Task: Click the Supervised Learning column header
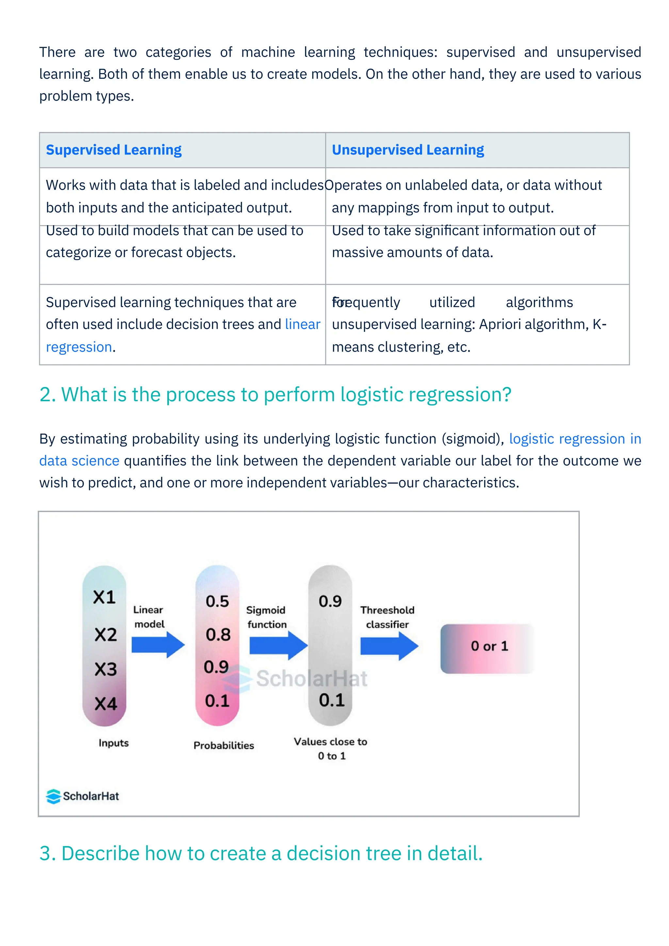click(x=114, y=150)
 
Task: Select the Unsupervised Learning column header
click(x=408, y=150)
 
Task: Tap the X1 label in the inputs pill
click(x=104, y=597)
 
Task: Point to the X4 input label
click(x=106, y=703)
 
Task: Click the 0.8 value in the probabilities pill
click(x=218, y=634)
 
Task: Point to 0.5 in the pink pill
click(x=217, y=602)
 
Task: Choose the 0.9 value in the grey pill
click(x=330, y=602)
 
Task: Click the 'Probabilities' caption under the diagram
click(x=224, y=745)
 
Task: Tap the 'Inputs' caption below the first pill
click(x=114, y=743)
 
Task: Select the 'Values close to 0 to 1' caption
click(x=330, y=749)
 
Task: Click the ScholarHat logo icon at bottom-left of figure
click(x=54, y=796)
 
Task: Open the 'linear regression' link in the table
click(x=302, y=325)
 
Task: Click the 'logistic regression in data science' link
click(x=575, y=439)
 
